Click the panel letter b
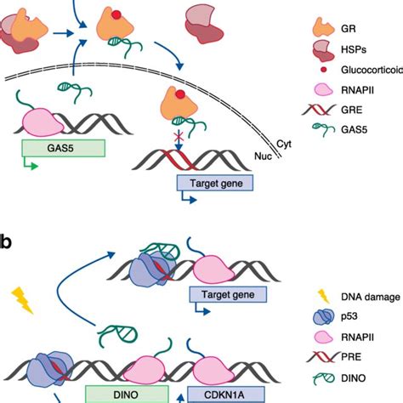coord(7,241)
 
